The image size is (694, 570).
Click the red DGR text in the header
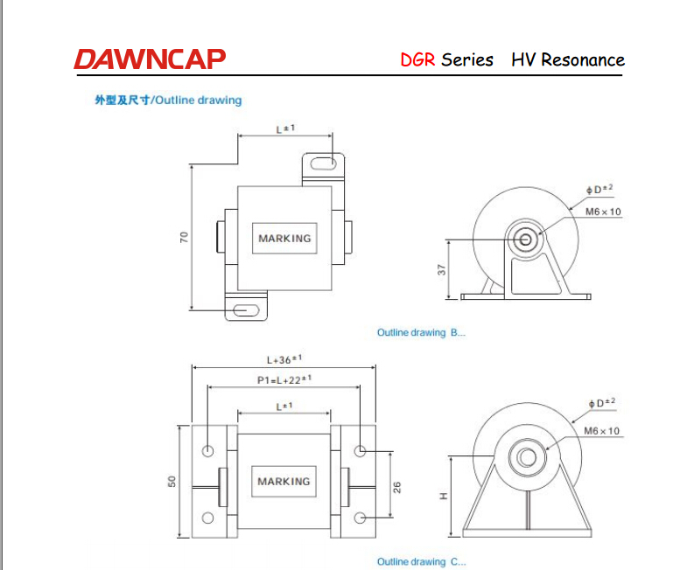point(417,60)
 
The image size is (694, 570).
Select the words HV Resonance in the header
point(568,60)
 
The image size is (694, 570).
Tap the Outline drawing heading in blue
point(168,100)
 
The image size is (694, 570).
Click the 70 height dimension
point(185,237)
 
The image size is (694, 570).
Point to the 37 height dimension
point(441,270)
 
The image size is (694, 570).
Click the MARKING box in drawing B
point(284,238)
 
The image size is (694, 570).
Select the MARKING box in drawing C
point(284,481)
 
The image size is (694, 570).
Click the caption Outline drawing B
point(421,333)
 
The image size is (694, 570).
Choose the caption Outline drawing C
point(421,561)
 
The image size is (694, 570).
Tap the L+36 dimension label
point(284,359)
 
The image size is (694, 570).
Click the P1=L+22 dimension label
point(284,379)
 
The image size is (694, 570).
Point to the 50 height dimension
point(172,481)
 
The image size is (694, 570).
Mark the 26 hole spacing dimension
point(396,485)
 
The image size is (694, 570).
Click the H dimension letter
point(444,496)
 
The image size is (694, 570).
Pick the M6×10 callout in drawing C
point(601,431)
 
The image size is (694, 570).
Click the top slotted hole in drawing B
point(323,163)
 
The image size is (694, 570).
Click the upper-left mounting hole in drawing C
point(207,451)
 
